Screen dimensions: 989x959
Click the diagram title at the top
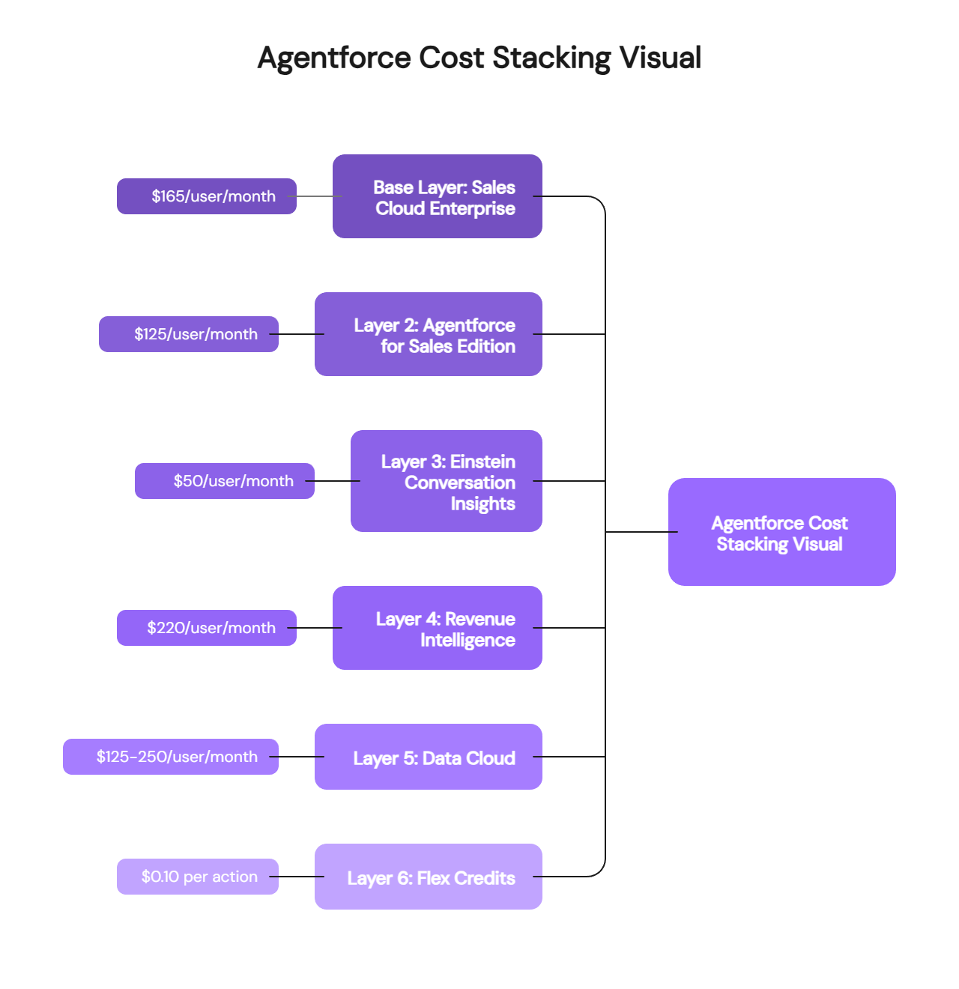coord(479,58)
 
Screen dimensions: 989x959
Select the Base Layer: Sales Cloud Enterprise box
coord(438,197)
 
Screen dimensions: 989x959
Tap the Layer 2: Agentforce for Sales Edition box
coord(429,335)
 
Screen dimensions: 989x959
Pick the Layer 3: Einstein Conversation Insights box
coord(447,482)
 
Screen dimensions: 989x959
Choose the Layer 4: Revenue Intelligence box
coord(438,629)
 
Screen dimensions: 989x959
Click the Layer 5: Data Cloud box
coord(429,757)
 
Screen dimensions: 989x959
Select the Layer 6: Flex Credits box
coord(429,877)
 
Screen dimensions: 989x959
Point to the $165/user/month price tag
coord(207,196)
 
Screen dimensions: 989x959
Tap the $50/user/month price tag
coord(225,481)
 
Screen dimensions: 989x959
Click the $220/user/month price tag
coord(207,628)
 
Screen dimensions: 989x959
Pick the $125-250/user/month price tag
coord(171,757)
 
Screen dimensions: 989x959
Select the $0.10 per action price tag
coord(198,877)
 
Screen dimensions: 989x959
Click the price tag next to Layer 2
coord(189,334)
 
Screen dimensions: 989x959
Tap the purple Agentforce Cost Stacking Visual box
coord(782,533)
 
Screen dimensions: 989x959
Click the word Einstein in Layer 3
coord(482,462)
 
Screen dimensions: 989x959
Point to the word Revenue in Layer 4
coord(479,619)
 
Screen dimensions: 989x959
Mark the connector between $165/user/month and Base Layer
coord(315,196)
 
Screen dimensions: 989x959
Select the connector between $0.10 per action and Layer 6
coord(297,877)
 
